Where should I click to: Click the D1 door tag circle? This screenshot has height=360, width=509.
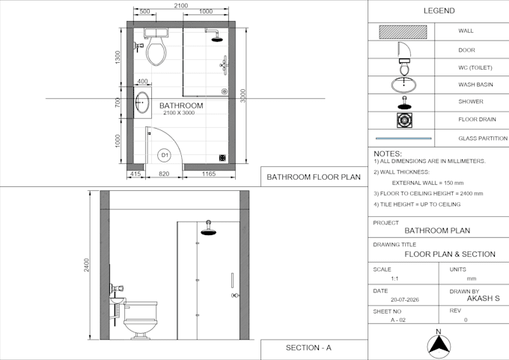[x=165, y=155]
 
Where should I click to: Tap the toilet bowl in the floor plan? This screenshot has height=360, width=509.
[x=156, y=51]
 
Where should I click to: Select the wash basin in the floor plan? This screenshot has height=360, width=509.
[x=142, y=103]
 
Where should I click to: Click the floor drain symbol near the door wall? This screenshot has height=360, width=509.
[x=222, y=158]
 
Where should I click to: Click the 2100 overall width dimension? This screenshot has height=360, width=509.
[x=181, y=5]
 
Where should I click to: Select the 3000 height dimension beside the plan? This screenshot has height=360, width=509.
[x=243, y=96]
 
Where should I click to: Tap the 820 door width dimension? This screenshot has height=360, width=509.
[x=164, y=174]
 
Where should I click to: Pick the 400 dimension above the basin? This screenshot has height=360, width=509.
[x=142, y=81]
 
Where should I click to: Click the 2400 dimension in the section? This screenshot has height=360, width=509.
[x=86, y=265]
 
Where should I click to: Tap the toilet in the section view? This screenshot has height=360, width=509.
[x=141, y=320]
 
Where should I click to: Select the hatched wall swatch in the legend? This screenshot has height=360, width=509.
[x=403, y=32]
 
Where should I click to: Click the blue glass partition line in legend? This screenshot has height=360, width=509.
[x=403, y=138]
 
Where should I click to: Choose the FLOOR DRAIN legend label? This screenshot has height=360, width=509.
[x=477, y=119]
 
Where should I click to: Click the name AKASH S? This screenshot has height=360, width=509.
[x=483, y=299]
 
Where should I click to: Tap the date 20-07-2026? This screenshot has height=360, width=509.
[x=405, y=299]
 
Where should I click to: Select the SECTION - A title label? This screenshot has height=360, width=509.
[x=308, y=348]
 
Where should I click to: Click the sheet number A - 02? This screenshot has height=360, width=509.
[x=398, y=320]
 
